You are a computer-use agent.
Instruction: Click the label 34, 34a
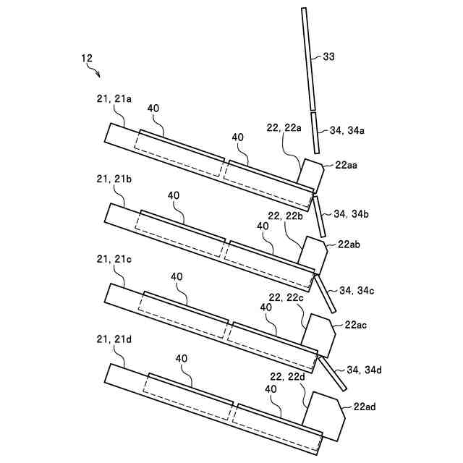coord(347,131)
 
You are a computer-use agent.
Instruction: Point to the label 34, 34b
coord(352,214)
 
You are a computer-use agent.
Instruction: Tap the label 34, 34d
coord(364,370)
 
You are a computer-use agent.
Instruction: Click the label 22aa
coord(347,165)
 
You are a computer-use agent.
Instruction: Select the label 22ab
coord(349,245)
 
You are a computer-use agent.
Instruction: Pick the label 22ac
coord(357,325)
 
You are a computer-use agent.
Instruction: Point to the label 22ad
coord(365,407)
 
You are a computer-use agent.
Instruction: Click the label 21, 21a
coord(114,100)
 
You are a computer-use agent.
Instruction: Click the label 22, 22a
coord(284,127)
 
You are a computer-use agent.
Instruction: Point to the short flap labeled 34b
coord(318,216)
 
